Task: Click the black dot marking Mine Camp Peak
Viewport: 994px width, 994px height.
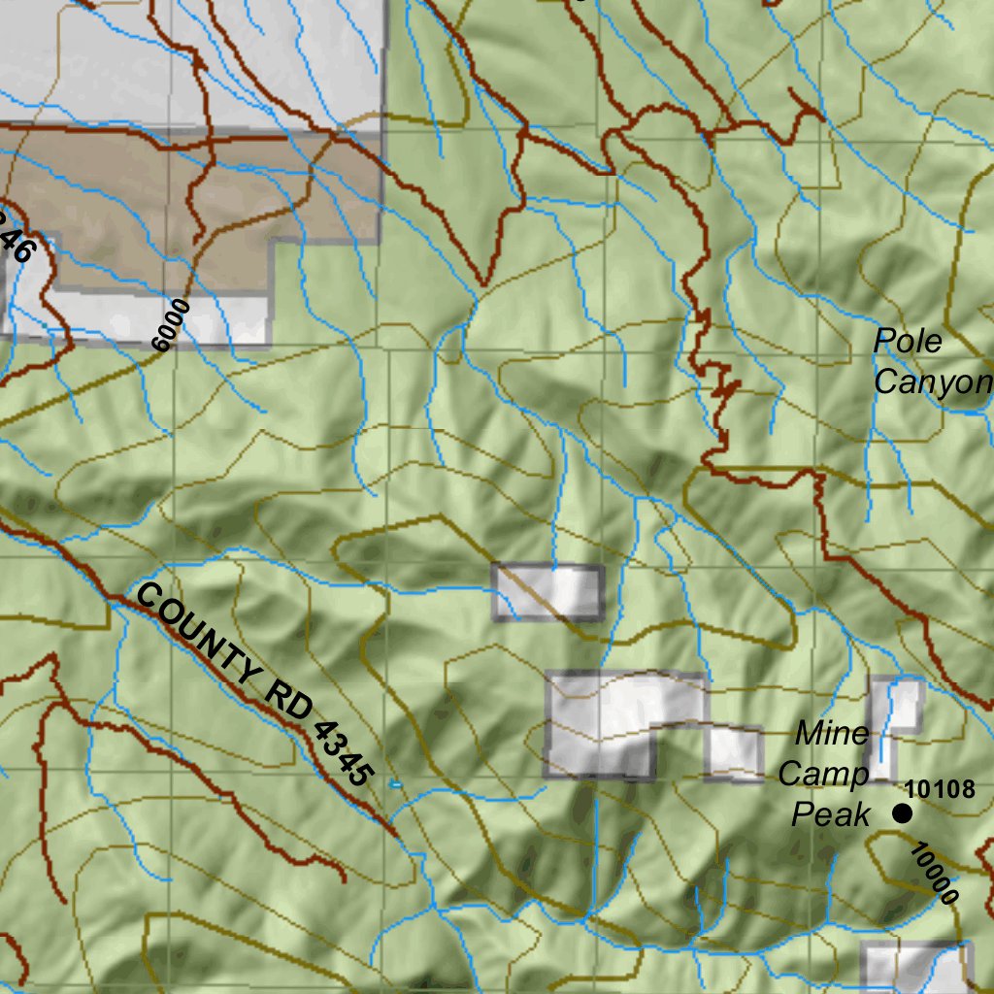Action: point(903,813)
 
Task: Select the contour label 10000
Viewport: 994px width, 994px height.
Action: point(934,874)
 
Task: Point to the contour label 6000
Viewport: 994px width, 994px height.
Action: point(172,324)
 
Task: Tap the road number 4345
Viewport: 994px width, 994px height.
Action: point(344,752)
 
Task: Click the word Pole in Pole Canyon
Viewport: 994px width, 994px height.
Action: point(908,342)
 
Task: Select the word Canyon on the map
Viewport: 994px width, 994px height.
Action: point(932,381)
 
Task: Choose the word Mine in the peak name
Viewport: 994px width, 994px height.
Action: point(832,734)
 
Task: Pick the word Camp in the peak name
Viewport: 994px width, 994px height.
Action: point(823,775)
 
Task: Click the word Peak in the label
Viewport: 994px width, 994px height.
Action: point(831,814)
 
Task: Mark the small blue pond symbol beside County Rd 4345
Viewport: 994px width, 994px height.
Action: point(395,782)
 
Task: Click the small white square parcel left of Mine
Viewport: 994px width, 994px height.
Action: point(734,753)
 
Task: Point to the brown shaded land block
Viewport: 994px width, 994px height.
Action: point(194,204)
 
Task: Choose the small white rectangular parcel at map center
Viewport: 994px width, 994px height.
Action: point(548,591)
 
